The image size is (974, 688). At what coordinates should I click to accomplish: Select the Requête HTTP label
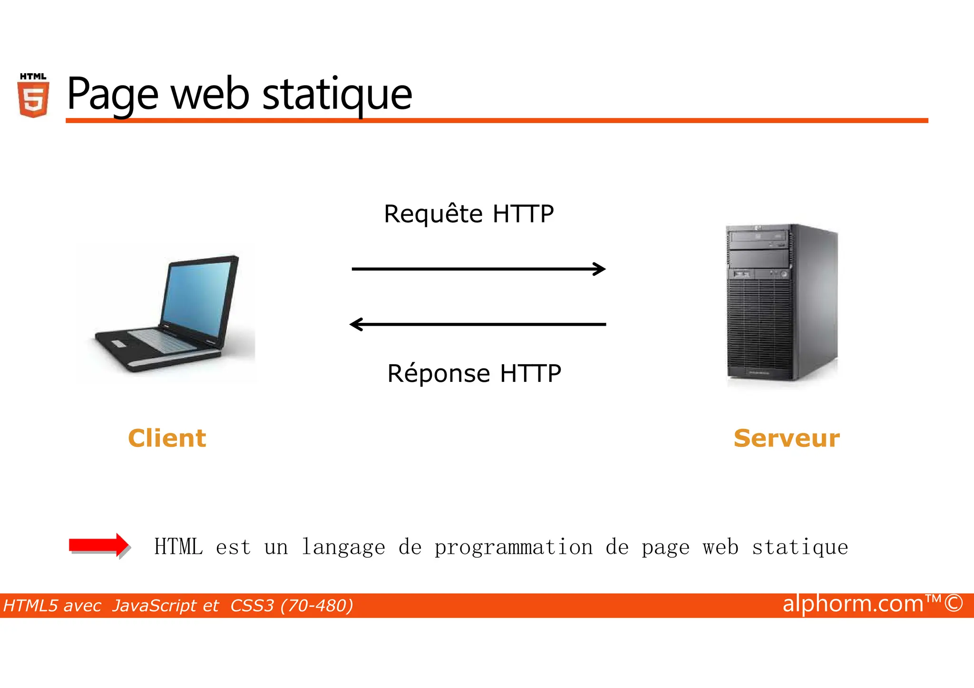[x=468, y=214]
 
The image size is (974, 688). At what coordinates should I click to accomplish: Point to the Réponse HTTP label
[x=474, y=373]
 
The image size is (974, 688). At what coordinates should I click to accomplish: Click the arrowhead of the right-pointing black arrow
[x=600, y=269]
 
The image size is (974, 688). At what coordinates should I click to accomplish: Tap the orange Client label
[x=167, y=438]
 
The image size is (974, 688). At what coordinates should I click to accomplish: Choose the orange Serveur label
[x=787, y=438]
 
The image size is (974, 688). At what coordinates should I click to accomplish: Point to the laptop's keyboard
[x=162, y=339]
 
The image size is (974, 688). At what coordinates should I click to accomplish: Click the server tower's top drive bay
[x=759, y=237]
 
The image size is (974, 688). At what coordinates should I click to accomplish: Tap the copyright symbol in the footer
[x=954, y=603]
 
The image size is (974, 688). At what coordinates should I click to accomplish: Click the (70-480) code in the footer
[x=317, y=606]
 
